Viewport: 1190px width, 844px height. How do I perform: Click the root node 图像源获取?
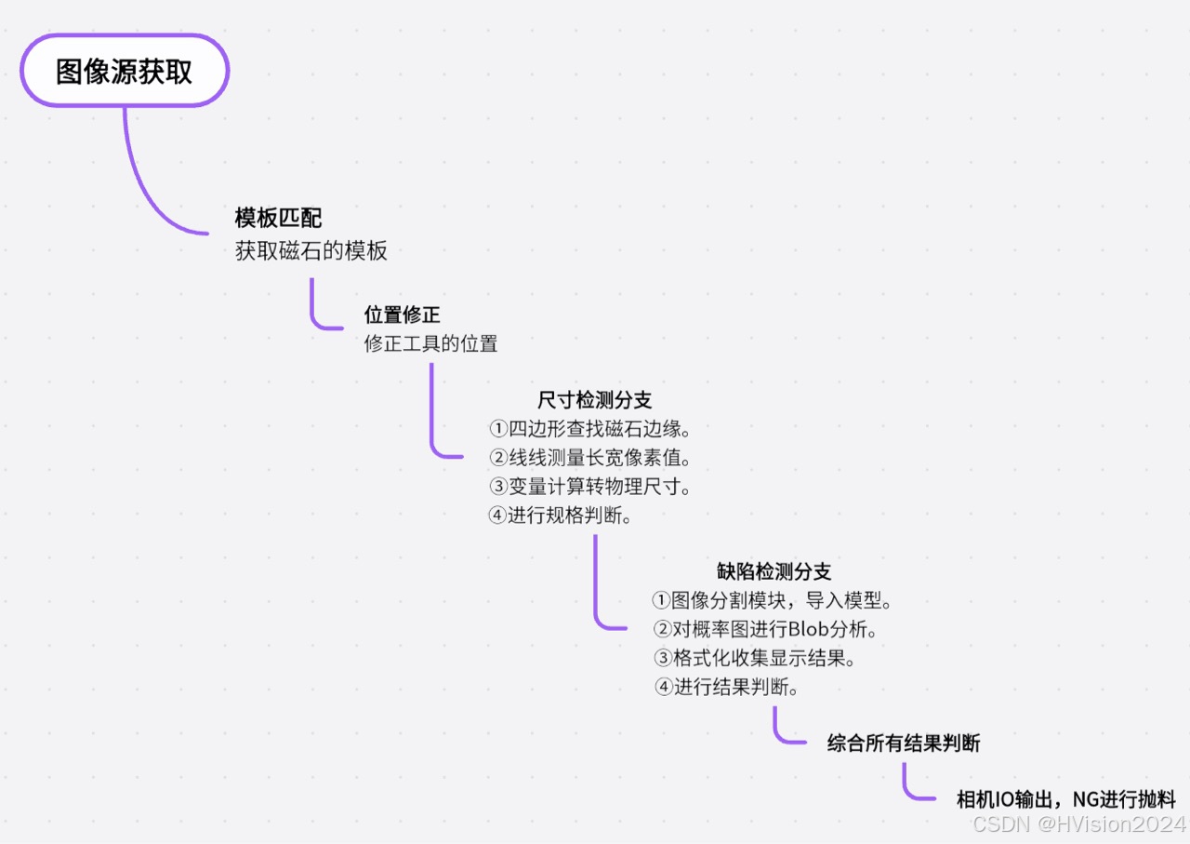point(125,72)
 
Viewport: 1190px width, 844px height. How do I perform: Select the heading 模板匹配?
point(278,219)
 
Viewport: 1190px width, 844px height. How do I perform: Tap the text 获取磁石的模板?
point(311,251)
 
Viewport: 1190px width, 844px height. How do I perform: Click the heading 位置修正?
point(402,315)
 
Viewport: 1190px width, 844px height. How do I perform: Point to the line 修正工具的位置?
point(430,343)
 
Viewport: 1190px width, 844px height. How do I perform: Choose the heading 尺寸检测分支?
point(595,400)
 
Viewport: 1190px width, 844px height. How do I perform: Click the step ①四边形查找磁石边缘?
point(589,429)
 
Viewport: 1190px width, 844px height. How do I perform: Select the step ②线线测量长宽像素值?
point(589,458)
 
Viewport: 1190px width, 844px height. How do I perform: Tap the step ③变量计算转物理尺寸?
point(589,487)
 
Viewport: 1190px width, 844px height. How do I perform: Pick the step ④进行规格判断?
point(561,516)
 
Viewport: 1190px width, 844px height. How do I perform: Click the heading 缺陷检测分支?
point(773,571)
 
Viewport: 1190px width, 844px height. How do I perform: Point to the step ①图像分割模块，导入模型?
point(773,600)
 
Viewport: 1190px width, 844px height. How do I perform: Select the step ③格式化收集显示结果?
point(754,658)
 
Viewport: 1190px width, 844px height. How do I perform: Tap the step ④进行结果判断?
point(726,687)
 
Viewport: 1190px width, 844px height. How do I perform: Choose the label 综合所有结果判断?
point(904,744)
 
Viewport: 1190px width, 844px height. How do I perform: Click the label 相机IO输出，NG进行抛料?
point(1066,799)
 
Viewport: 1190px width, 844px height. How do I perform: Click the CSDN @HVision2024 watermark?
point(1078,824)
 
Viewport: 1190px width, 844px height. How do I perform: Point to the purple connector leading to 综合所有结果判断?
point(779,732)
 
